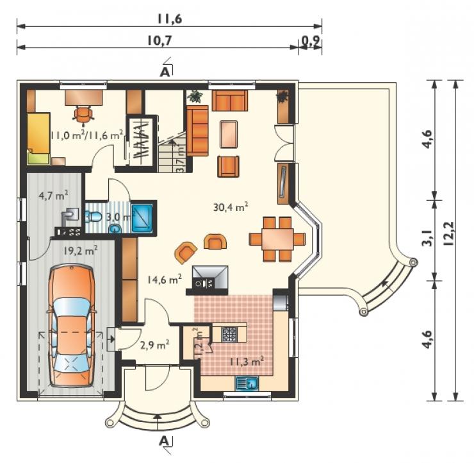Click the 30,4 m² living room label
[x=231, y=207]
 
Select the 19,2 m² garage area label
[x=81, y=250]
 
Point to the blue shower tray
[x=142, y=216]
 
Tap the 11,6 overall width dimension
[x=169, y=19]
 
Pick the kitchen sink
[x=247, y=383]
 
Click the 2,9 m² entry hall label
[x=154, y=344]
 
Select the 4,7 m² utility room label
[x=53, y=195]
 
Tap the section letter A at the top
[x=165, y=72]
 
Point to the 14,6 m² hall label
[x=165, y=279]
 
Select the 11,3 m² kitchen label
[x=247, y=361]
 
